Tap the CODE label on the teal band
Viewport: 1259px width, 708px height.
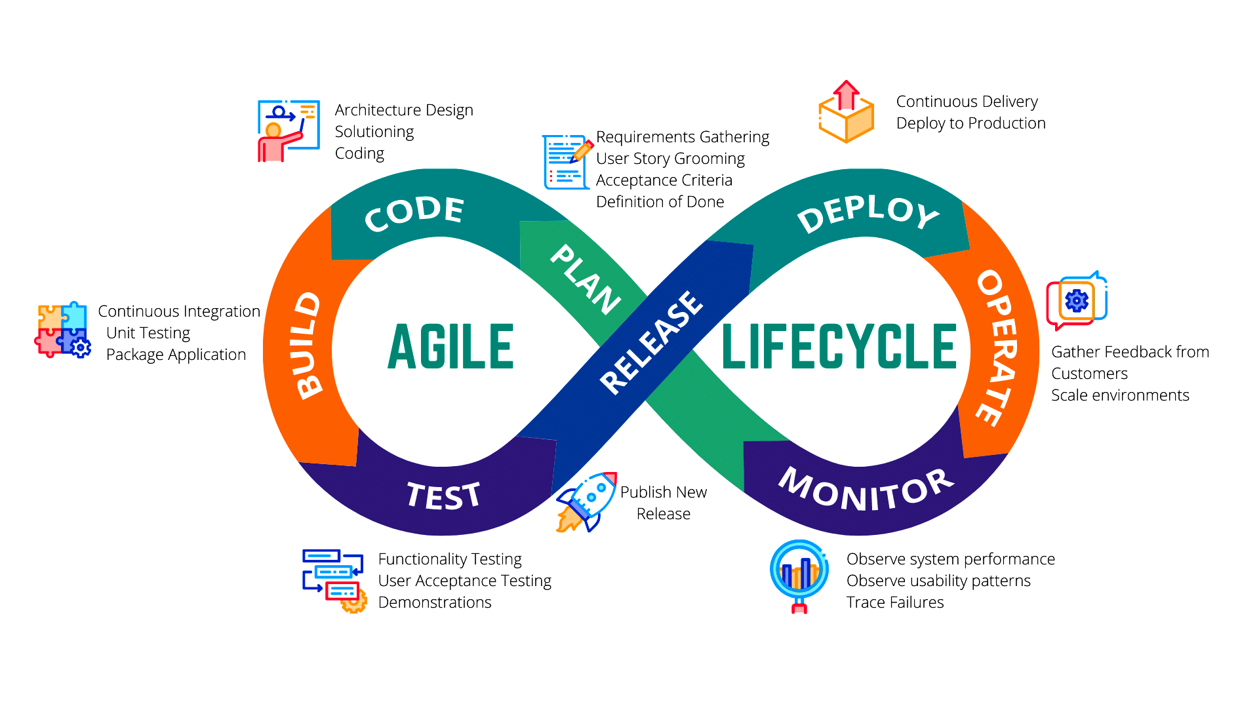pyautogui.click(x=414, y=214)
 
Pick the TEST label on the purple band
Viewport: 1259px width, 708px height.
pyautogui.click(x=444, y=496)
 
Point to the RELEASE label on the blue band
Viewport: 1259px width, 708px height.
pyautogui.click(x=651, y=343)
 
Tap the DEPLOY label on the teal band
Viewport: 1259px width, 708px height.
pyautogui.click(x=868, y=214)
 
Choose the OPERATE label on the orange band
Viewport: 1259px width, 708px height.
pyautogui.click(x=997, y=347)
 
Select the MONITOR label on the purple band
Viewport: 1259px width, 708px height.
pyautogui.click(x=866, y=489)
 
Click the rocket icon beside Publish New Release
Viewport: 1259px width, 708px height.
pyautogui.click(x=586, y=501)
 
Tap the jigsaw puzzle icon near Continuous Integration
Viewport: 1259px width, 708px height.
pyautogui.click(x=62, y=330)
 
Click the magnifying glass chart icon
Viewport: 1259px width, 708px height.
pyautogui.click(x=799, y=575)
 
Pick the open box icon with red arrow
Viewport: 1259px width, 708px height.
pyautogui.click(x=846, y=113)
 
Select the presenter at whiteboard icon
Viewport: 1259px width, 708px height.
pyautogui.click(x=288, y=130)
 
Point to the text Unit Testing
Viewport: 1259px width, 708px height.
pyautogui.click(x=148, y=333)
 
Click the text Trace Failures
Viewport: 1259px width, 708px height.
pyautogui.click(x=895, y=602)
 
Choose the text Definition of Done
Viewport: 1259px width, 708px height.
pyautogui.click(x=660, y=202)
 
